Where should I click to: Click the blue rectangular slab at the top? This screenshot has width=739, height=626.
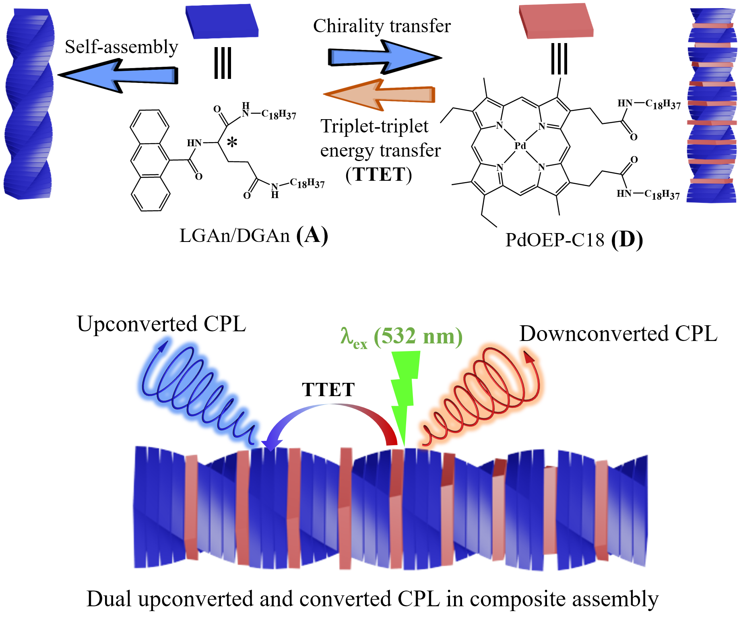pos(222,21)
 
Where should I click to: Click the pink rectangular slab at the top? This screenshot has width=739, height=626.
pos(556,21)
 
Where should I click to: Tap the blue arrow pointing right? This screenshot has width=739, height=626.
pos(382,57)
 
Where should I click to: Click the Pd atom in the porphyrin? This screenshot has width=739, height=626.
pos(520,146)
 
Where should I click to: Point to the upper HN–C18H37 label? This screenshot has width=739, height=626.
pos(648,104)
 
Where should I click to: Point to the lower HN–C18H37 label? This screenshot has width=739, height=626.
pos(648,194)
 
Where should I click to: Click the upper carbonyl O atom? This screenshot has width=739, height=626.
pos(634,137)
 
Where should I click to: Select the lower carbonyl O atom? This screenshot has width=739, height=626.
pos(634,160)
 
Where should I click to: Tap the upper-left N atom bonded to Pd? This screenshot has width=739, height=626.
pos(500,125)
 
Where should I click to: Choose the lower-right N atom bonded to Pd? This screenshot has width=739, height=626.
pos(541,167)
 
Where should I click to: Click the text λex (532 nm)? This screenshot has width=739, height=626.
pos(401,337)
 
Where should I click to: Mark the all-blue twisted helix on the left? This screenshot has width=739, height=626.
pos(29,103)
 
